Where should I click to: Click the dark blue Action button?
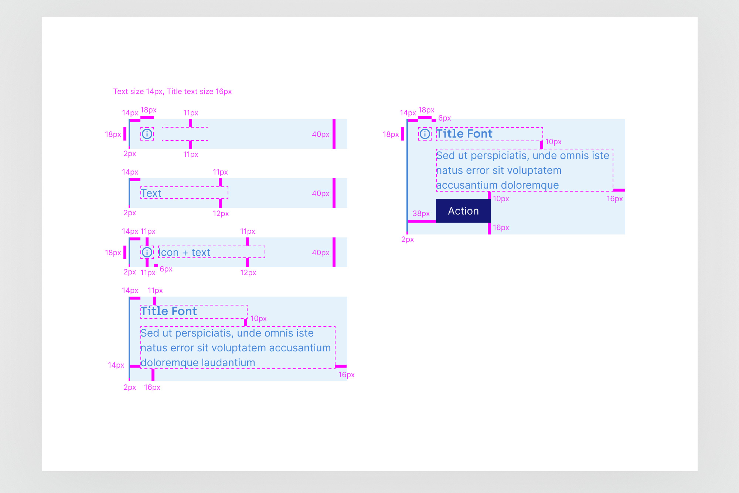click(x=463, y=211)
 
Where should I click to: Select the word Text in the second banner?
click(x=151, y=193)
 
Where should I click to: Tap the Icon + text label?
click(x=185, y=252)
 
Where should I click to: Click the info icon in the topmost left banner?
click(x=147, y=134)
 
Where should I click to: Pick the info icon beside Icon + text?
click(x=147, y=252)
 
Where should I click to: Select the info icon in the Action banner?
click(x=425, y=134)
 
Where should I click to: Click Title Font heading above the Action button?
click(x=464, y=134)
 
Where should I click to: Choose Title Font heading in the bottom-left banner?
click(x=169, y=311)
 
